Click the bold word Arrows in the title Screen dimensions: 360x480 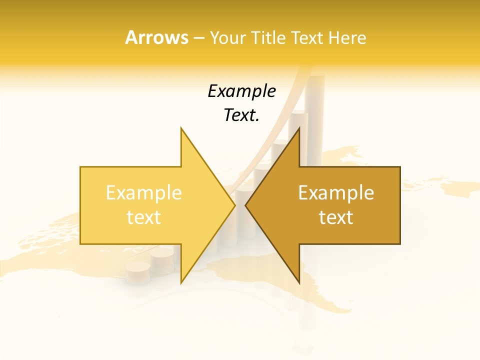pyautogui.click(x=156, y=37)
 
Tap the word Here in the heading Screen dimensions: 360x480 pyautogui.click(x=347, y=37)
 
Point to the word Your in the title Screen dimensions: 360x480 pyautogui.click(x=226, y=37)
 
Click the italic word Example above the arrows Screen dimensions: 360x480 pyautogui.click(x=241, y=91)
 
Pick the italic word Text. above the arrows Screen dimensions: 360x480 pyautogui.click(x=241, y=115)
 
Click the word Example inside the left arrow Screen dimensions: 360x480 pyautogui.click(x=143, y=193)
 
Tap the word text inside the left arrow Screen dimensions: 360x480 pyautogui.click(x=143, y=217)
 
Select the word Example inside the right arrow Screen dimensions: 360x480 pyautogui.click(x=336, y=193)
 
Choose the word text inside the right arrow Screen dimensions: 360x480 pyautogui.click(x=336, y=217)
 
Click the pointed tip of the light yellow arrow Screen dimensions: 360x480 pyautogui.click(x=235, y=205)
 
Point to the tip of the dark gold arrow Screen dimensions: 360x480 pyautogui.click(x=245, y=205)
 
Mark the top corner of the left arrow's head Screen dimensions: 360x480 pyautogui.click(x=181, y=128)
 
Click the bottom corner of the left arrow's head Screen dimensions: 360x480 pyautogui.click(x=181, y=283)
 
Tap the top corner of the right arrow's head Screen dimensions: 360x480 pyautogui.click(x=299, y=128)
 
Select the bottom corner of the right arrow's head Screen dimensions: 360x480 pyautogui.click(x=299, y=283)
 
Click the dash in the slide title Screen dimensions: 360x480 pyautogui.click(x=198, y=38)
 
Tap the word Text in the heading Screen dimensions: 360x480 pyautogui.click(x=306, y=37)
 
